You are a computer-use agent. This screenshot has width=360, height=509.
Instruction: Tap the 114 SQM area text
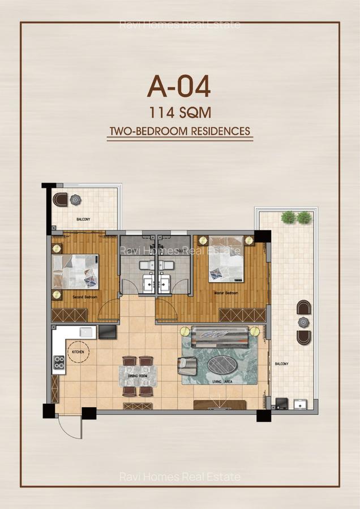pyautogui.click(x=179, y=112)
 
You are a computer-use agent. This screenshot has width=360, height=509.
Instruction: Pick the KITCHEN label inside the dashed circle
pyautogui.click(x=78, y=352)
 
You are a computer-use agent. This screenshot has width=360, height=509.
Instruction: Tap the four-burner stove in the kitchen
pyautogui.click(x=58, y=363)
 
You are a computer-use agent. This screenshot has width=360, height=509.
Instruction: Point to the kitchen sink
pyautogui.click(x=87, y=332)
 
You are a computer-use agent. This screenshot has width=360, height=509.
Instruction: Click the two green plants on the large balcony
pyautogui.click(x=297, y=217)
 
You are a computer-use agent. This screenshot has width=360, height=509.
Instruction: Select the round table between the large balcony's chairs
pyautogui.click(x=303, y=322)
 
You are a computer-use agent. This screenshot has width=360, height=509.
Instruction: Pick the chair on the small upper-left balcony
pyautogui.click(x=60, y=199)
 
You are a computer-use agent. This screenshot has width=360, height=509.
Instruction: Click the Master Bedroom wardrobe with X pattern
pyautogui.click(x=242, y=315)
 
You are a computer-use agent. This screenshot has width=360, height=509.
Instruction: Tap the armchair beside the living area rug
pyautogui.click(x=187, y=366)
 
